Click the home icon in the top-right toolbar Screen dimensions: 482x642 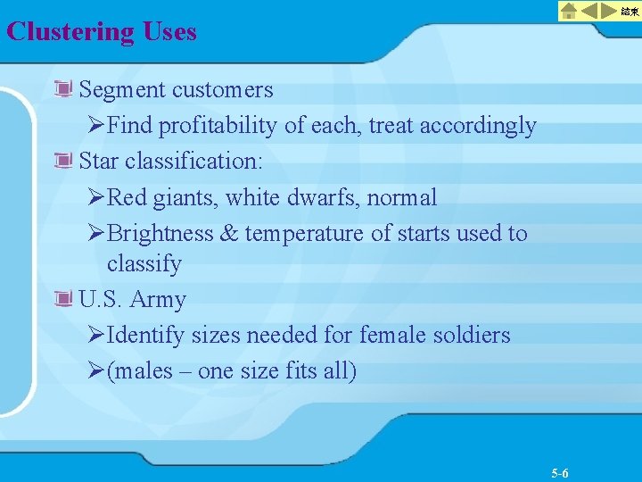[570, 11]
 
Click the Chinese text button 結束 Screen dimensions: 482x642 [630, 11]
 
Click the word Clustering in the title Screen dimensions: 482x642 [70, 32]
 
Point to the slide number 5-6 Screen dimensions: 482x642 [561, 473]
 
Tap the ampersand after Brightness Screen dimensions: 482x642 [228, 233]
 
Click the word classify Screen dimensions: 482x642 [144, 264]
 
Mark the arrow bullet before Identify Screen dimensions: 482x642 [98, 336]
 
